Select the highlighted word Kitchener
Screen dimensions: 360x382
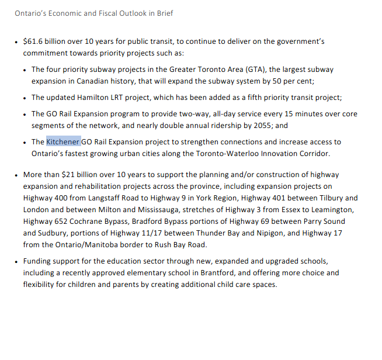pos(63,142)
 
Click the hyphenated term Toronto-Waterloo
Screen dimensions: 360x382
pos(241,154)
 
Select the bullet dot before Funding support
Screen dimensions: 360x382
pos(16,261)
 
